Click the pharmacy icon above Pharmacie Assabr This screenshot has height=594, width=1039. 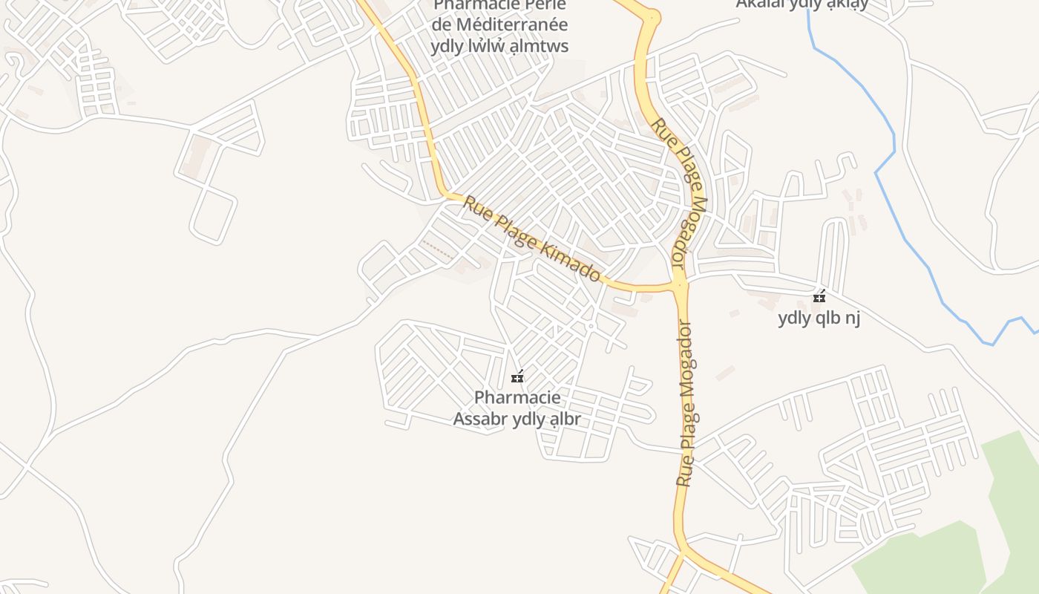pyautogui.click(x=517, y=377)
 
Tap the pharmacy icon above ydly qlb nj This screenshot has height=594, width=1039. pyautogui.click(x=819, y=297)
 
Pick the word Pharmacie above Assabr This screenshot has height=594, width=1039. pyautogui.click(x=517, y=398)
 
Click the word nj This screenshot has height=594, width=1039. pyautogui.click(x=851, y=319)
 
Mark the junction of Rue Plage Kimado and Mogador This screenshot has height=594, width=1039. pyautogui.click(x=680, y=284)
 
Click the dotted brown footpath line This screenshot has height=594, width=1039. pyautogui.click(x=438, y=249)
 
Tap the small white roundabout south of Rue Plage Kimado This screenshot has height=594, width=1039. pyautogui.click(x=591, y=325)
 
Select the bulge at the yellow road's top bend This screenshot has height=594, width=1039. pyautogui.click(x=651, y=16)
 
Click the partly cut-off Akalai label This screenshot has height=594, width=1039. pyautogui.click(x=802, y=4)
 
